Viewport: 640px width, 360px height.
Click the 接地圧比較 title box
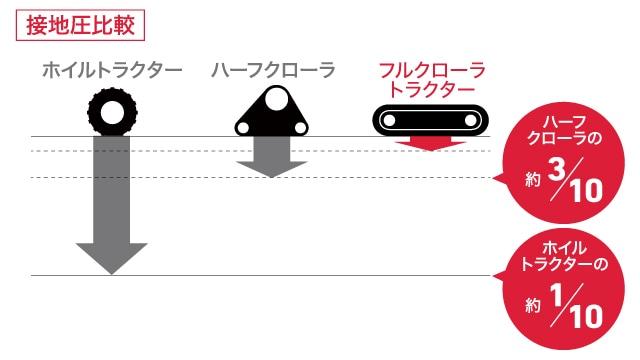pyautogui.click(x=81, y=22)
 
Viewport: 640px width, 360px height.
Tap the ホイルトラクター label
pyautogui.click(x=112, y=70)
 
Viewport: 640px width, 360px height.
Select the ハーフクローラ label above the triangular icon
pyautogui.click(x=272, y=70)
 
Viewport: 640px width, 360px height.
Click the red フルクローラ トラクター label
pyautogui.click(x=432, y=79)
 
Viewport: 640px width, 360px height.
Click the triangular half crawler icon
pyautogui.click(x=272, y=113)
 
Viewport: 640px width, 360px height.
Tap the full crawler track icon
pyautogui.click(x=431, y=121)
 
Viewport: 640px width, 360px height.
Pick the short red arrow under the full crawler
pyautogui.click(x=431, y=143)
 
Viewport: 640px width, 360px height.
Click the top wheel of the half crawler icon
pyautogui.click(x=272, y=97)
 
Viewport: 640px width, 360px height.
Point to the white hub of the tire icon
pyautogui.click(x=111, y=109)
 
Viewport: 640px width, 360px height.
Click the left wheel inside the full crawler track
pyautogui.click(x=391, y=121)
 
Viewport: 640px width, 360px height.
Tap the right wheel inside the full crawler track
pyautogui.click(x=471, y=121)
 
